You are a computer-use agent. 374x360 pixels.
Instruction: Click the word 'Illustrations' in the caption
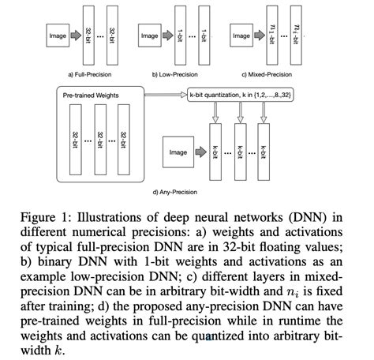(125, 217)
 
